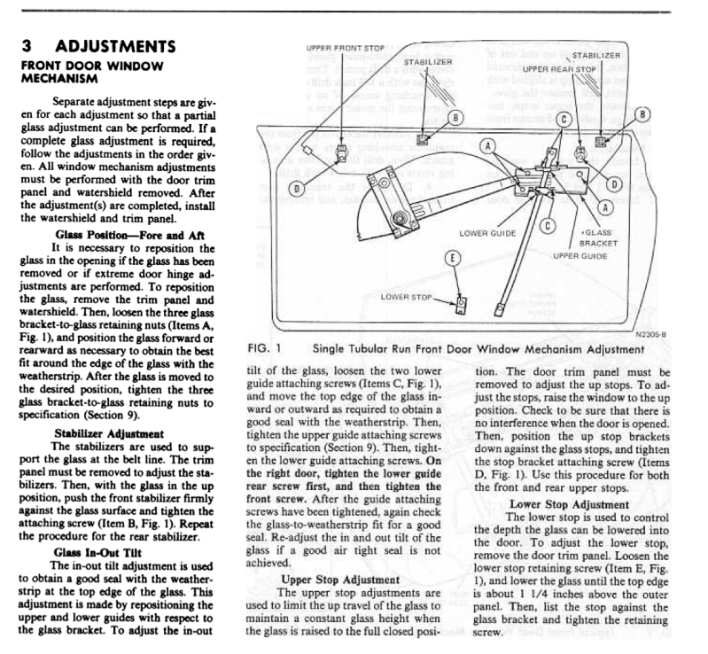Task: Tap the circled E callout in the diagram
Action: [452, 258]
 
